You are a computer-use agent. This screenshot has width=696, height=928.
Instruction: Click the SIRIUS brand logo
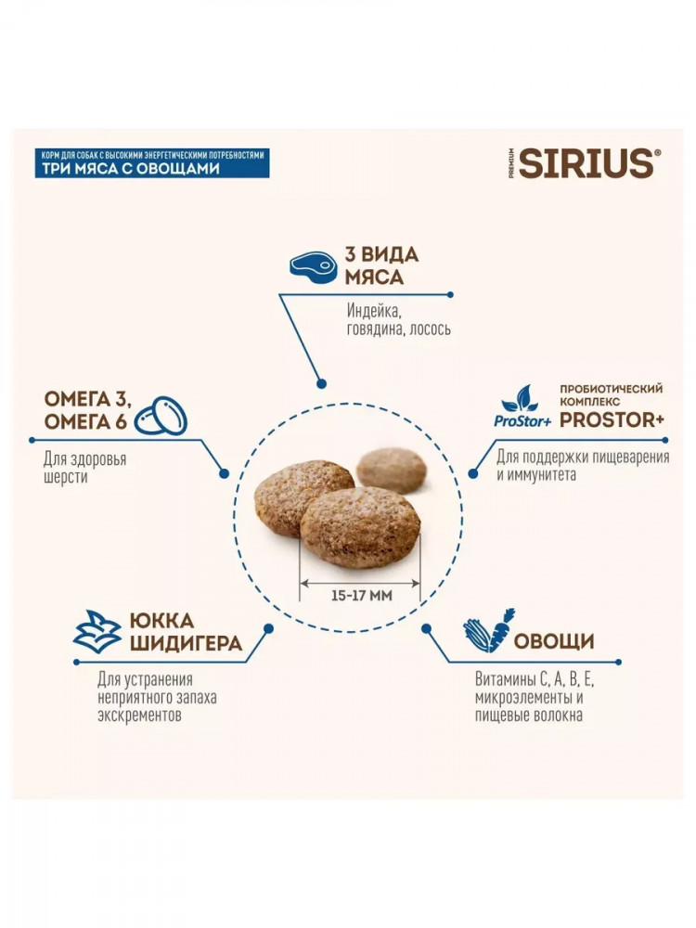point(586,163)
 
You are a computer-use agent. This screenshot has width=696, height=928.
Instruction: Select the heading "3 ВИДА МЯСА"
point(381,265)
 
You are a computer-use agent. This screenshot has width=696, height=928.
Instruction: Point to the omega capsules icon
point(161,414)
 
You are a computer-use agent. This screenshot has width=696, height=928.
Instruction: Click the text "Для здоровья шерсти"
point(84,468)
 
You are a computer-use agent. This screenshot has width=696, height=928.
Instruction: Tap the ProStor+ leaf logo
point(522,406)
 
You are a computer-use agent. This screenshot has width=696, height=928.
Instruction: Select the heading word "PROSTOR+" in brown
point(612,419)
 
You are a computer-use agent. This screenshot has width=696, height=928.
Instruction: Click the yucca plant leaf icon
point(97,631)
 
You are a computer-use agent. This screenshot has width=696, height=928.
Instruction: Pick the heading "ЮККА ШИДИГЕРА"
point(186,632)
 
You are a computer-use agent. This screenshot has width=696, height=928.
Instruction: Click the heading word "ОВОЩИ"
point(554,641)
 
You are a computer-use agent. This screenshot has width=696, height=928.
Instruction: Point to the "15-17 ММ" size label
point(362,596)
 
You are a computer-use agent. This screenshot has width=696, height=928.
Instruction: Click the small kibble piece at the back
point(392,470)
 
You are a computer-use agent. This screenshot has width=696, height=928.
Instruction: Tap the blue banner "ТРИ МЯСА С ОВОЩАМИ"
point(152,163)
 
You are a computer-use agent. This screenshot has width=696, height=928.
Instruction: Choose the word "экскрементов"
point(140,715)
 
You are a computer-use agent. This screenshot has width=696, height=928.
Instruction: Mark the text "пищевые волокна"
point(529,715)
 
